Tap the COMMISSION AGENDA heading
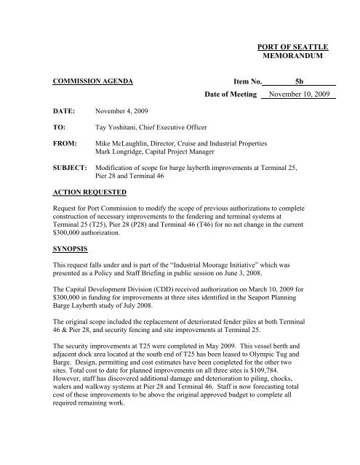coord(92,84)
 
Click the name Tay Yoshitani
coord(120,128)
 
